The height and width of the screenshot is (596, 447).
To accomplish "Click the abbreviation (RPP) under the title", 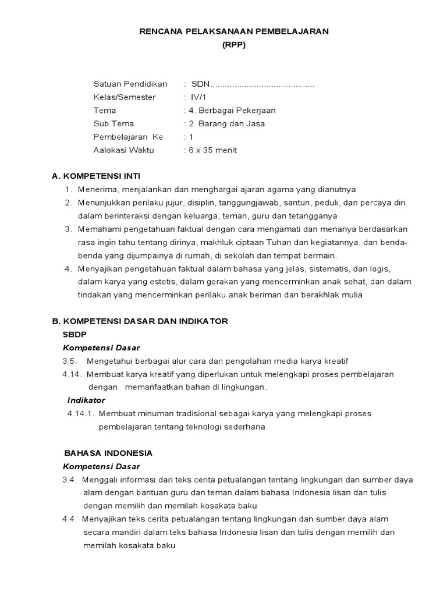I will point(234,44).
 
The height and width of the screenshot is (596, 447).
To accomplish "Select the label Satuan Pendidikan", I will point(130,84).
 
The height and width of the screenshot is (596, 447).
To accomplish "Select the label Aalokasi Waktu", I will point(123,150).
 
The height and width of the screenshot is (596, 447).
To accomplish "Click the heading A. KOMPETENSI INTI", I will point(96,176).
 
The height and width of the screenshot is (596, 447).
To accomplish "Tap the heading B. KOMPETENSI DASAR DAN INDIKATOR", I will point(140,321).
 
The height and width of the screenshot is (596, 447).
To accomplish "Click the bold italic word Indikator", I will point(86,400).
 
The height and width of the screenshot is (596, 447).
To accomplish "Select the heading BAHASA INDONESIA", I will point(108,453).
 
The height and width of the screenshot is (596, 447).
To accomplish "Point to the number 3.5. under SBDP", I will point(70,361).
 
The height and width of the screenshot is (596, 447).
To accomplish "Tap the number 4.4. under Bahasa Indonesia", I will point(70,519).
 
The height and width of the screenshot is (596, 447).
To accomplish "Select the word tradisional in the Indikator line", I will point(195,414).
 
